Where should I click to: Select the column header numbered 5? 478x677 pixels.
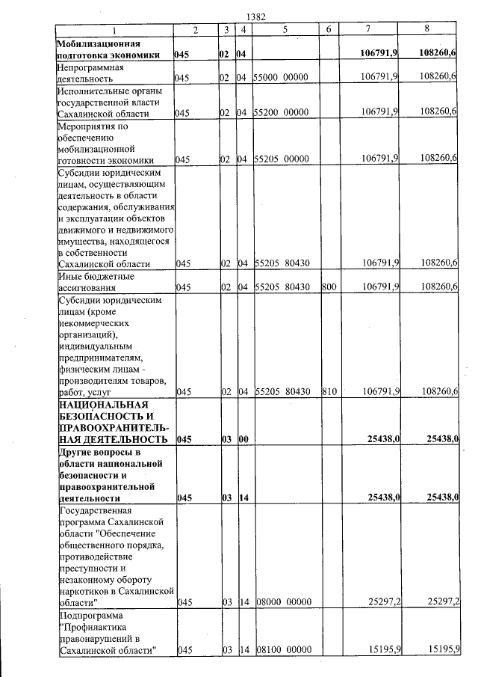click(x=286, y=29)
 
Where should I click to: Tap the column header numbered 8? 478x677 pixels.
click(x=426, y=29)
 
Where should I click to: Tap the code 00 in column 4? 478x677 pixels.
click(x=243, y=439)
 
